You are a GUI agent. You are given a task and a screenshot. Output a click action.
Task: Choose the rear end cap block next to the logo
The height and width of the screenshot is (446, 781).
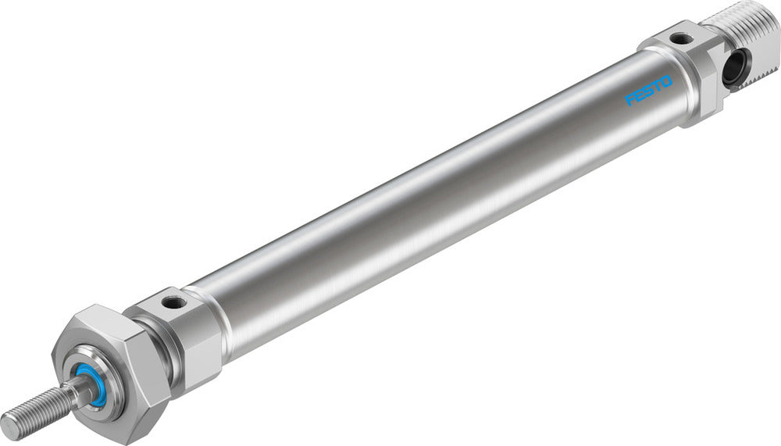pos(687,70)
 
